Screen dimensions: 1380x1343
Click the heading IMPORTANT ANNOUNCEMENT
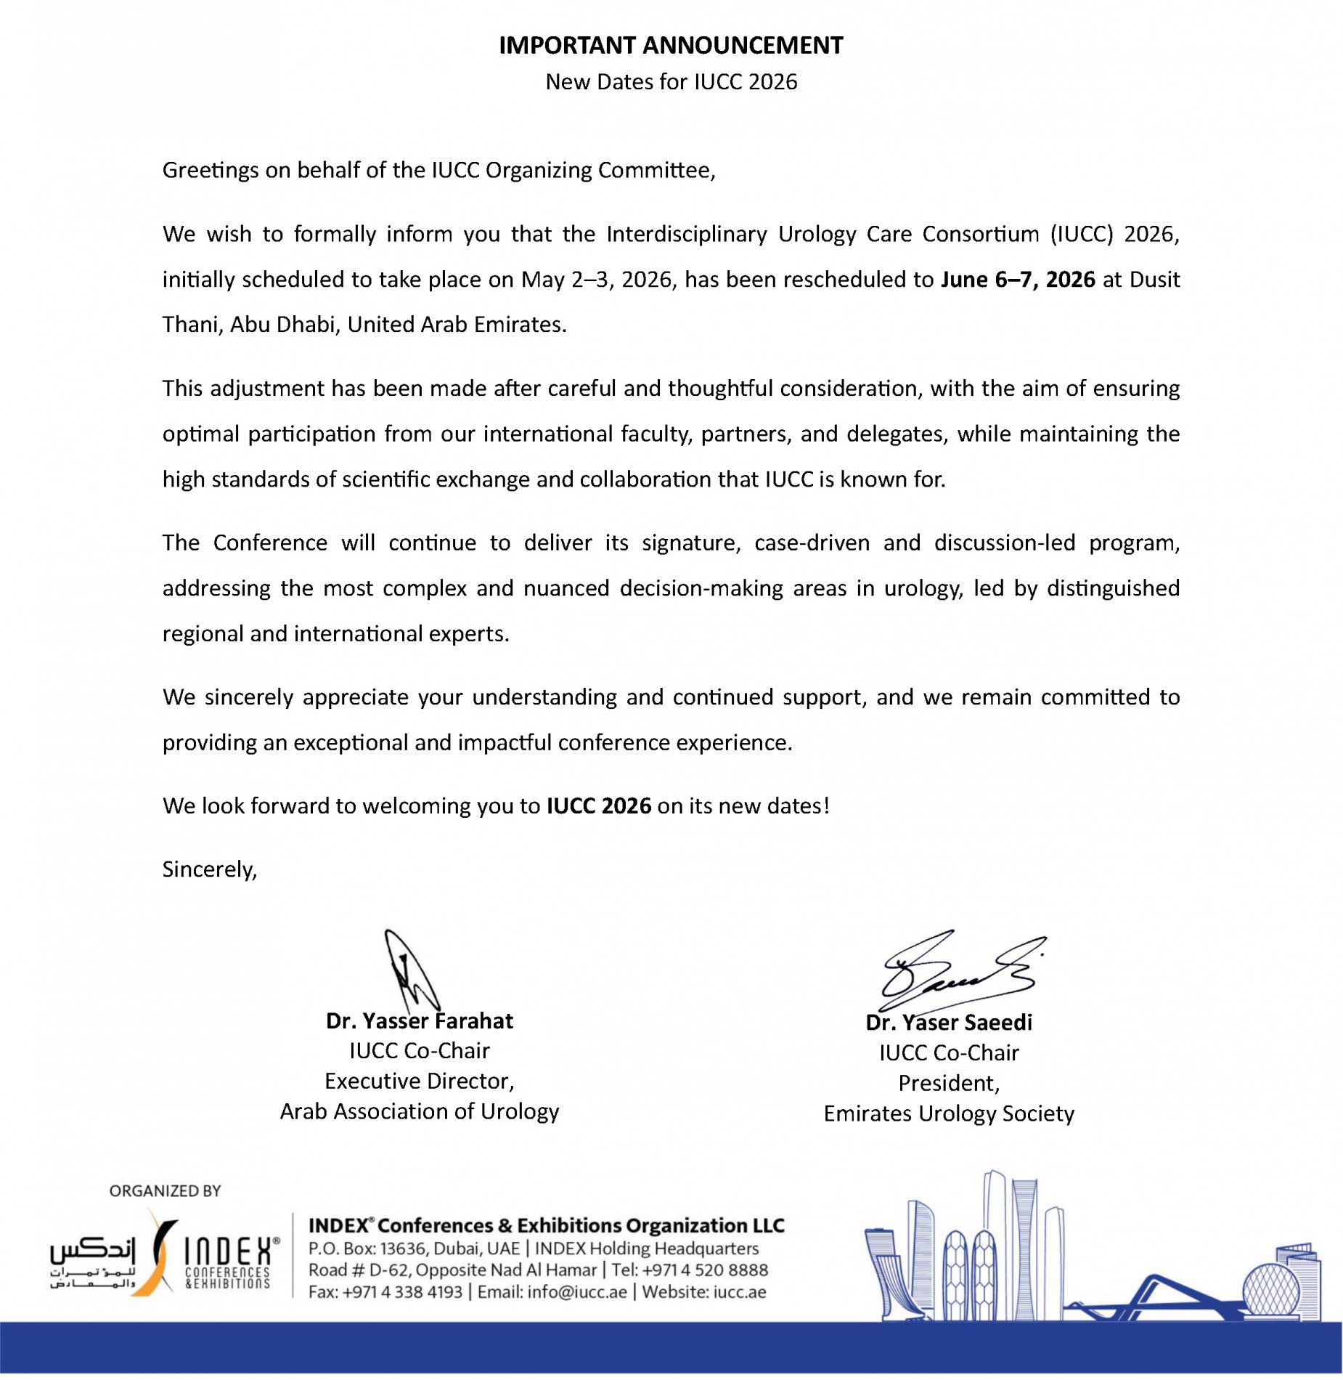[x=671, y=45]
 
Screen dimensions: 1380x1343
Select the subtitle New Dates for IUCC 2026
[x=671, y=82]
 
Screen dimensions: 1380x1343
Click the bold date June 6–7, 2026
[x=1018, y=280]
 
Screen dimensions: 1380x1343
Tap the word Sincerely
[x=208, y=869]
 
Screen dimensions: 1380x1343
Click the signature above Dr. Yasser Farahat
[x=411, y=970]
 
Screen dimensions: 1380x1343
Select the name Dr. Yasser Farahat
[x=420, y=1021]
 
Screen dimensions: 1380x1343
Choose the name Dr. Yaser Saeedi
[x=949, y=1023]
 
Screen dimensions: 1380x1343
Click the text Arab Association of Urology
[x=420, y=1112]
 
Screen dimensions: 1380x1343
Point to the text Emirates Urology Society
[x=949, y=1114]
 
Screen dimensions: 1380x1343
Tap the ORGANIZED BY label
[x=165, y=1191]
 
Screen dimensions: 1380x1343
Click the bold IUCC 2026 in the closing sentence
[x=599, y=806]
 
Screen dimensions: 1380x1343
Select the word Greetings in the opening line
[x=210, y=170]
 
